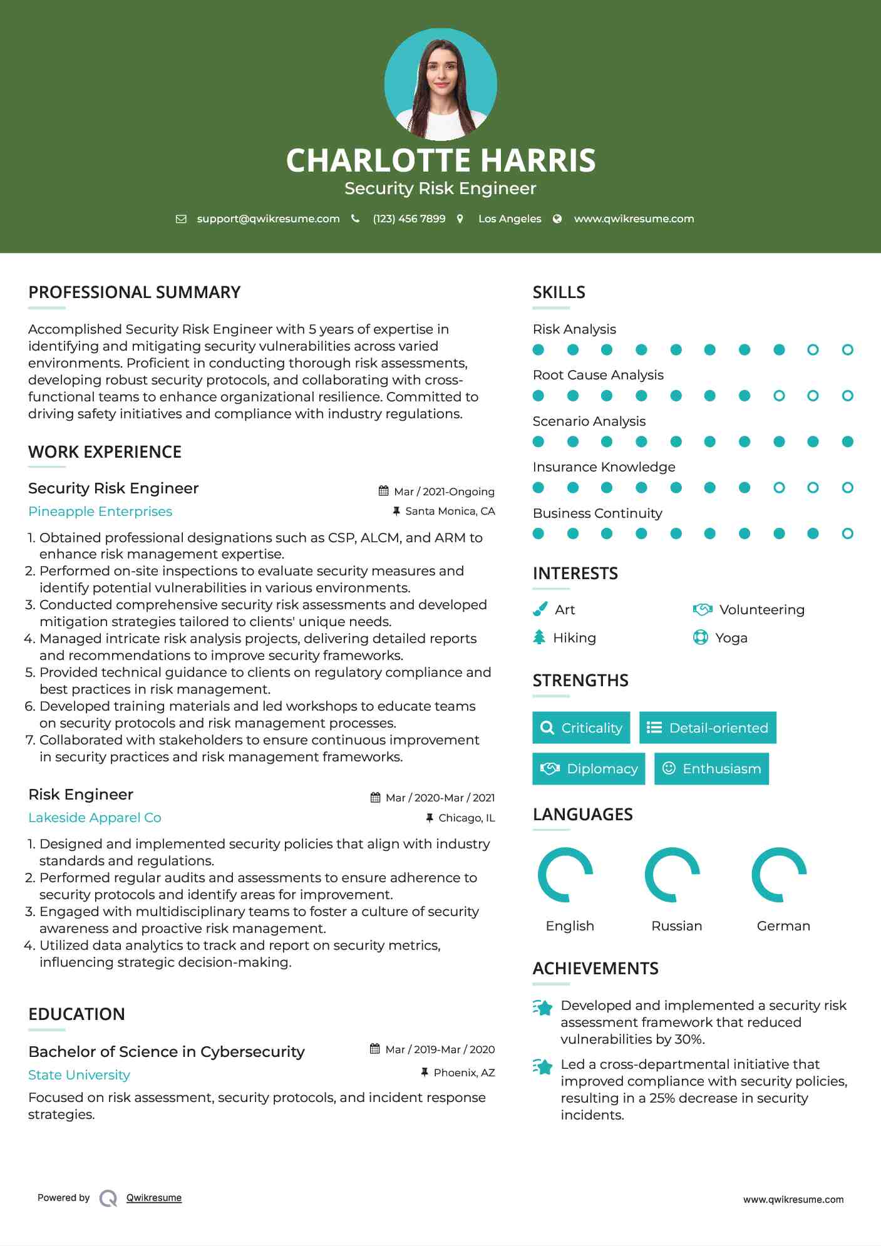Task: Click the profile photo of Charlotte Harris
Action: point(440,84)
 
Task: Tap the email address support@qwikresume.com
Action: point(268,219)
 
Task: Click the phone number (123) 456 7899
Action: point(409,219)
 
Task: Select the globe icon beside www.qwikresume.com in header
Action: point(557,219)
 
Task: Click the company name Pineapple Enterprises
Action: point(100,512)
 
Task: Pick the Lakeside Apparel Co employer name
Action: point(95,818)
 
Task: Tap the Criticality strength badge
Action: point(581,728)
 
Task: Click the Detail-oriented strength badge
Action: point(708,728)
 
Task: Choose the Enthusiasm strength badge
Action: point(711,768)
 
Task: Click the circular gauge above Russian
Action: point(672,875)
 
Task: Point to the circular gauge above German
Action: point(779,875)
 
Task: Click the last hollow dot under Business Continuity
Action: point(847,533)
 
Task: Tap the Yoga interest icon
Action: point(700,637)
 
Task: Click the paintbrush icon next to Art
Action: point(540,609)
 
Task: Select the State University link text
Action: point(79,1075)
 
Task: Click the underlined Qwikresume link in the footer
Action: point(154,1198)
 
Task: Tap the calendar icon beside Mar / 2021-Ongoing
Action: point(384,491)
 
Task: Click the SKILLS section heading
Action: point(559,292)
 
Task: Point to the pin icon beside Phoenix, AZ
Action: point(425,1072)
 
